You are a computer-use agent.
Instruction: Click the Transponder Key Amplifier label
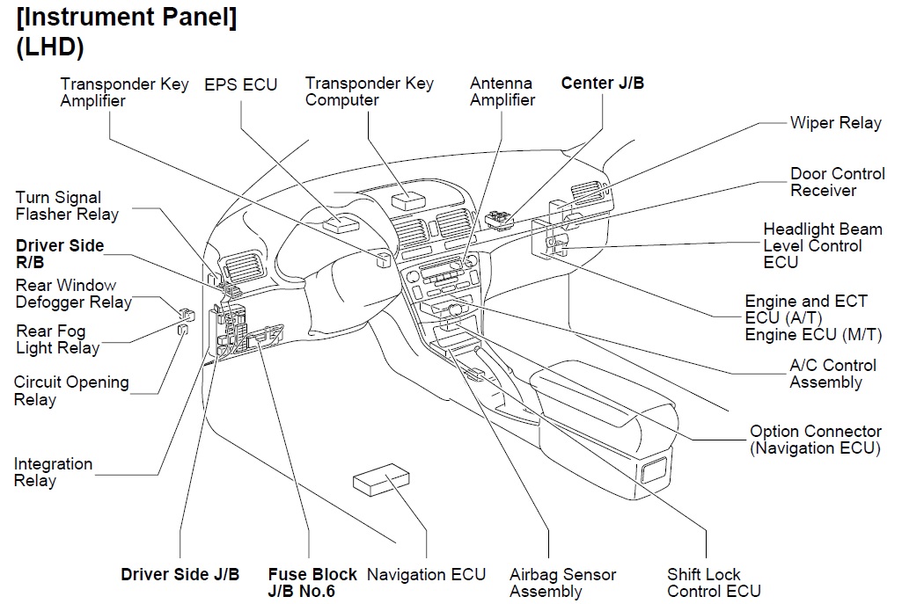(124, 92)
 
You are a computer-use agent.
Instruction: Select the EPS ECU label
(240, 84)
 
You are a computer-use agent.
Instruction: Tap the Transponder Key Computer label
(369, 91)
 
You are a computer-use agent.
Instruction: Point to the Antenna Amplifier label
(502, 91)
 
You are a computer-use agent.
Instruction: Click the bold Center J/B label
(602, 84)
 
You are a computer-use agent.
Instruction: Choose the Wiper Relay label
(834, 123)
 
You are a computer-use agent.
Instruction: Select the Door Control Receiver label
(837, 182)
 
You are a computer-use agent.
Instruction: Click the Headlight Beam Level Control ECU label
(822, 245)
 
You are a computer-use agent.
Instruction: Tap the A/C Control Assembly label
(832, 374)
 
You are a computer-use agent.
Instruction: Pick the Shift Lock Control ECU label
(713, 583)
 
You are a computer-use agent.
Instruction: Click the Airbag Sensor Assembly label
(562, 583)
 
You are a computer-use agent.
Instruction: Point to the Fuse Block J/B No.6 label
(312, 583)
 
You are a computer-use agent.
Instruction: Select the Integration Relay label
(53, 472)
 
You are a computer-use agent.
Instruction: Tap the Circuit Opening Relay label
(71, 391)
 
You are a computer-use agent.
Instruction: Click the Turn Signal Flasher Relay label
(67, 206)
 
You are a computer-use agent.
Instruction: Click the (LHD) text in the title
(50, 48)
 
